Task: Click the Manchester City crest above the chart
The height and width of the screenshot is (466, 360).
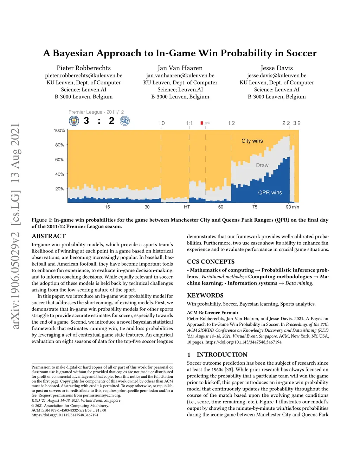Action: [x=74, y=121]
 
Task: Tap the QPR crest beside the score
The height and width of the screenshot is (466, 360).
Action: [x=125, y=121]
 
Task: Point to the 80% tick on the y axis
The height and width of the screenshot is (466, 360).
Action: [x=60, y=145]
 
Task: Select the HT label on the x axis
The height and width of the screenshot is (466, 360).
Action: [x=187, y=207]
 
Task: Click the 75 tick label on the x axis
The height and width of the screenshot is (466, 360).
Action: [x=255, y=207]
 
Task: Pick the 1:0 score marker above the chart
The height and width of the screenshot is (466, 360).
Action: [x=161, y=123]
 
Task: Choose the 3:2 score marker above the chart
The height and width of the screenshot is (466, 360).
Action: [x=297, y=123]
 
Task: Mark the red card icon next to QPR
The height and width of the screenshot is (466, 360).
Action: [x=201, y=123]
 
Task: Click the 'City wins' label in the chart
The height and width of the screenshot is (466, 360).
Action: [x=252, y=141]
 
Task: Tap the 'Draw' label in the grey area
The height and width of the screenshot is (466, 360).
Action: [x=262, y=165]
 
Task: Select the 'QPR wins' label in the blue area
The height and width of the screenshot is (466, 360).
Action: [x=270, y=193]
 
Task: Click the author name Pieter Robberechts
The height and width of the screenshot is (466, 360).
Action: [x=84, y=68]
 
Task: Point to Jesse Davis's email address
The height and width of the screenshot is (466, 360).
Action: [x=277, y=76]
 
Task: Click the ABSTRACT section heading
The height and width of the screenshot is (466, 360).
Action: [x=49, y=236]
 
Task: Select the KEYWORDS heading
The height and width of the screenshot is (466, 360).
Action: [x=205, y=295]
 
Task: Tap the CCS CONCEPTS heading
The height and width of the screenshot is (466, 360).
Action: [x=211, y=262]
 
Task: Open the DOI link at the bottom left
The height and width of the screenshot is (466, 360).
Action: [x=65, y=415]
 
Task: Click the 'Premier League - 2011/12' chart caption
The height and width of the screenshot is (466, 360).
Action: [x=96, y=112]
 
